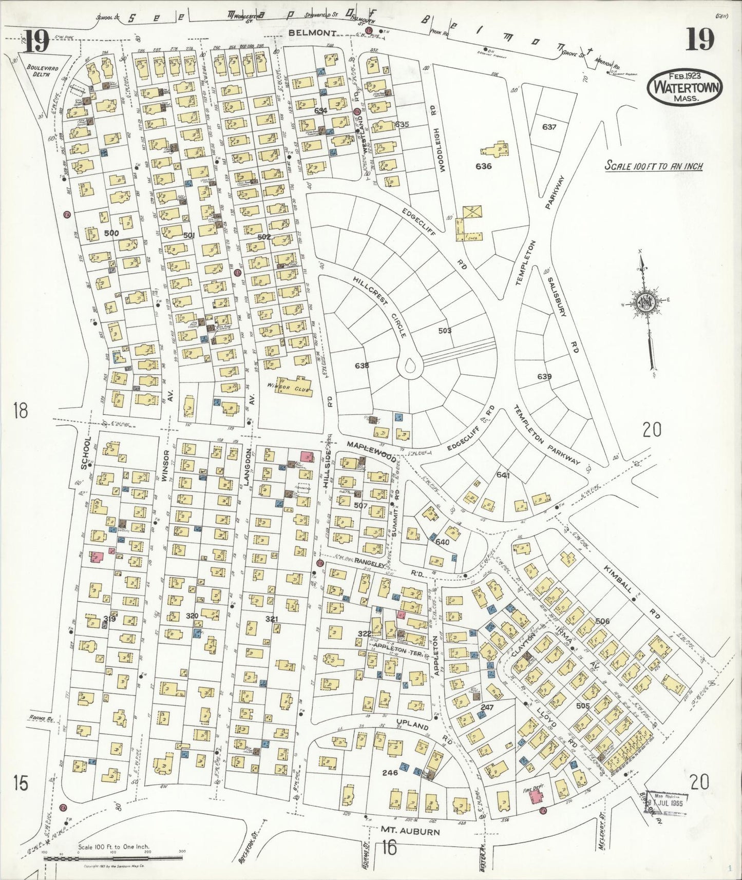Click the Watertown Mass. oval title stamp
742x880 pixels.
[x=685, y=89]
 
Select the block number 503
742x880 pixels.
[x=445, y=330]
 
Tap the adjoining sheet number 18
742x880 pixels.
[x=21, y=410]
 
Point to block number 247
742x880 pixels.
[x=486, y=707]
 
